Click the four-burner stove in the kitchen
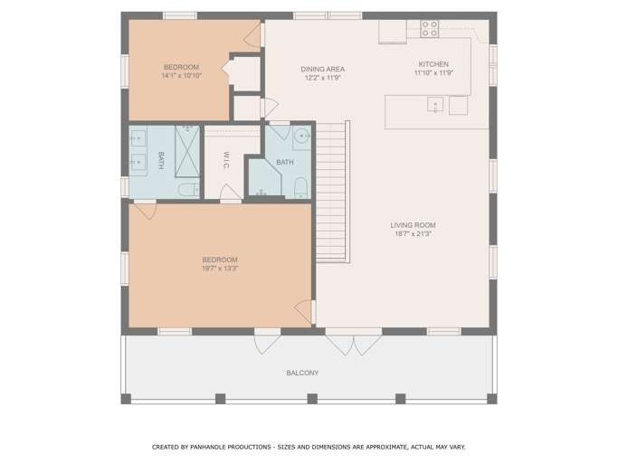pyautogui.click(x=429, y=29)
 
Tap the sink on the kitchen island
pyautogui.click(x=435, y=105)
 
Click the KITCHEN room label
pyautogui.click(x=433, y=64)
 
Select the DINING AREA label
pyautogui.click(x=322, y=69)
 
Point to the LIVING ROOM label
pyautogui.click(x=413, y=225)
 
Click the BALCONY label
pyautogui.click(x=302, y=373)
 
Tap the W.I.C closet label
pyautogui.click(x=226, y=160)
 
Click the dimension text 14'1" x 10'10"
pyautogui.click(x=181, y=76)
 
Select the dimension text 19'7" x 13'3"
pyautogui.click(x=220, y=269)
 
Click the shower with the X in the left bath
pyautogui.click(x=187, y=151)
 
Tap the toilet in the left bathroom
pyautogui.click(x=189, y=190)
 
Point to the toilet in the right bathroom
pyautogui.click(x=300, y=187)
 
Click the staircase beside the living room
pyautogui.click(x=333, y=192)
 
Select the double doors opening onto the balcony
pyautogui.click(x=354, y=341)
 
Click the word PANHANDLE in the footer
pyautogui.click(x=209, y=447)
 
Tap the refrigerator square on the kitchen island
pyautogui.click(x=459, y=105)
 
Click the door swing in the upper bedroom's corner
pyautogui.click(x=252, y=36)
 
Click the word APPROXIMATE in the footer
pyautogui.click(x=386, y=447)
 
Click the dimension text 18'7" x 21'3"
pyautogui.click(x=413, y=234)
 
